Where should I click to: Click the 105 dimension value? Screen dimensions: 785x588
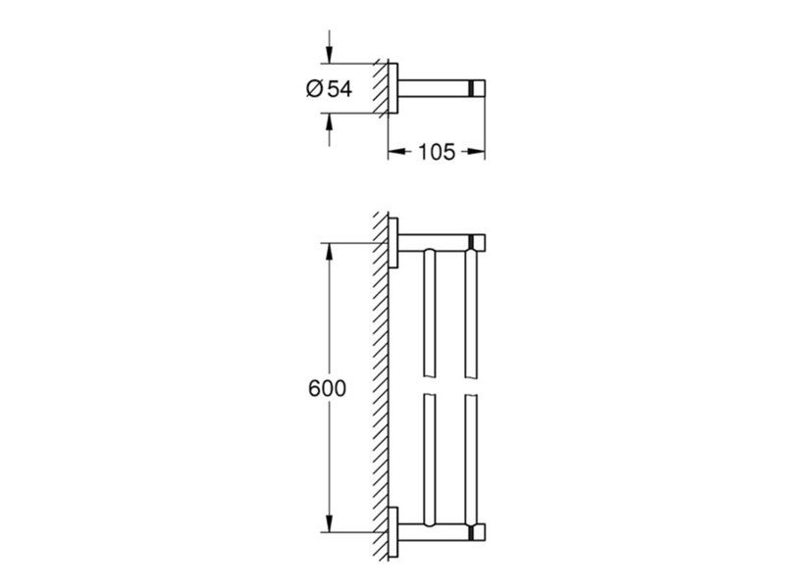437,152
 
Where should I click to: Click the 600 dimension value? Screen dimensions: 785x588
327,388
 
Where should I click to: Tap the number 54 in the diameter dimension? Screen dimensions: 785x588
340,89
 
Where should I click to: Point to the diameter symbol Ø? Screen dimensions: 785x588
314,89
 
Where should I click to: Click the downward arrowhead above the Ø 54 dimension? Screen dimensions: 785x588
329,55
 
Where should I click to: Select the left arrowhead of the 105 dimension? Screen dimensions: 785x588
397,152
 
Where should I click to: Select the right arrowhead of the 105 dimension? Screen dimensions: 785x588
476,152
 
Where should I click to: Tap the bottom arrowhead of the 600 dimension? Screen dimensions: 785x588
329,523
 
